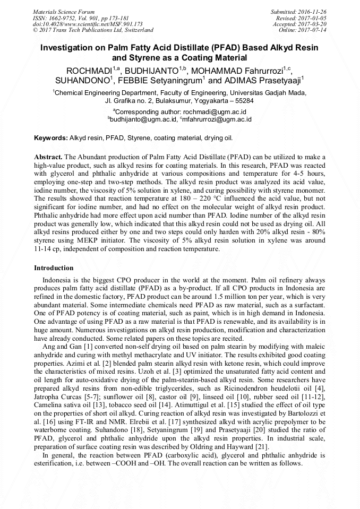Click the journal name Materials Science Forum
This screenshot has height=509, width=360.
[x=64, y=11]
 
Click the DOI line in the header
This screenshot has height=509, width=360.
[x=80, y=24]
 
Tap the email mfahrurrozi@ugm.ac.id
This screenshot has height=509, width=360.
[x=218, y=119]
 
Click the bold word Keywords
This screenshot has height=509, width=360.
[x=50, y=138]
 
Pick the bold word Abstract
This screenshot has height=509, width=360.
[x=48, y=158]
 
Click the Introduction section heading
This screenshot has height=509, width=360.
[x=54, y=268]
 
